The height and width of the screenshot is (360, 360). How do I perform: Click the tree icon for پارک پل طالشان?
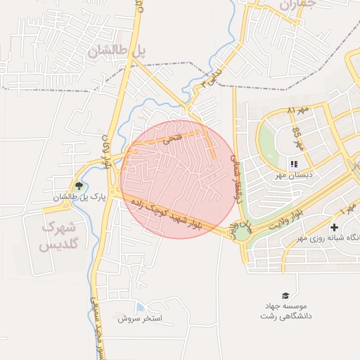[78, 187]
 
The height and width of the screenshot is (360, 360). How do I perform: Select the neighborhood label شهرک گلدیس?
[58, 236]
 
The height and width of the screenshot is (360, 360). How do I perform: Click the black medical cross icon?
[334, 228]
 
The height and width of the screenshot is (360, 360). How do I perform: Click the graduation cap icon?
[285, 295]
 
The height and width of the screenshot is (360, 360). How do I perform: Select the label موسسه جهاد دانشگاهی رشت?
[285, 311]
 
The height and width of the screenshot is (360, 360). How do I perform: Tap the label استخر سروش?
[140, 319]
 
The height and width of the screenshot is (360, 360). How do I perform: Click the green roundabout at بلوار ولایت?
[241, 232]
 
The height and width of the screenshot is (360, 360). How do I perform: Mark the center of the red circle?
[178, 179]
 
